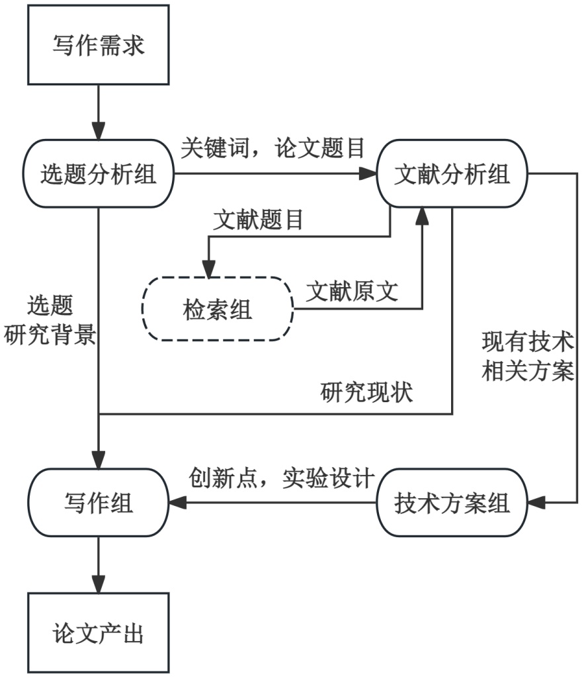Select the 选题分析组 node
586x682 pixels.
coord(99,174)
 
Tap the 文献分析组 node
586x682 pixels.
coord(452,174)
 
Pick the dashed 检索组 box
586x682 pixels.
coord(217,309)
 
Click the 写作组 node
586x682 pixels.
coord(99,503)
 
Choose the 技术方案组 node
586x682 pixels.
coord(452,503)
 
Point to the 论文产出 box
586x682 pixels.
coord(99,634)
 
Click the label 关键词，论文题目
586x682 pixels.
coord(273,149)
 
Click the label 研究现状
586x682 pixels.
coord(366,392)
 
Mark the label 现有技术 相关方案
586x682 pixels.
coord(527,357)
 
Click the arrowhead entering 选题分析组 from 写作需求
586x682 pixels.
coord(99,131)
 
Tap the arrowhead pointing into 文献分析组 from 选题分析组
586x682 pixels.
coord(368,174)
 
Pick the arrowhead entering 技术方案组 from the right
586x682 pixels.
coord(536,503)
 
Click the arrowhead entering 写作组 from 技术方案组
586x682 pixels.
coord(175,503)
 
